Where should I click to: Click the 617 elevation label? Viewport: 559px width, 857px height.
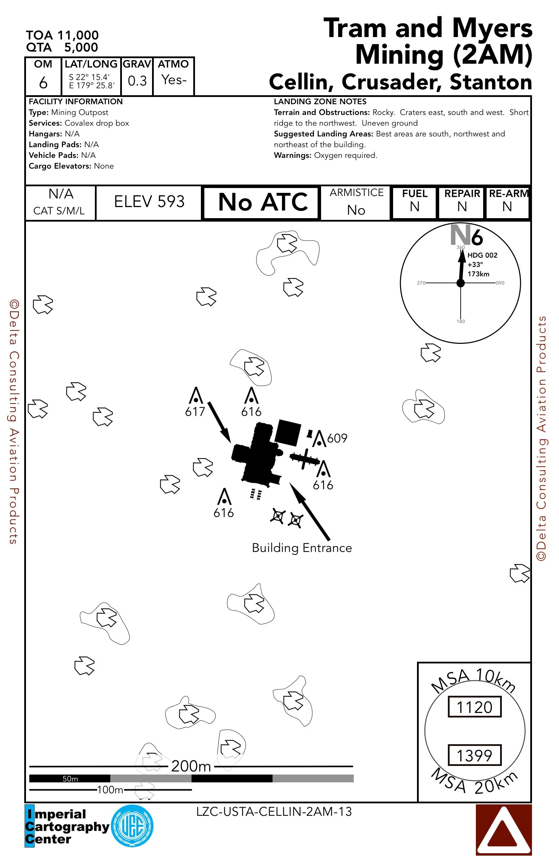point(195,411)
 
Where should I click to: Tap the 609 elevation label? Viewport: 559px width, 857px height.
point(337,438)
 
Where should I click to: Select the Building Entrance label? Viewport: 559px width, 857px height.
point(302,548)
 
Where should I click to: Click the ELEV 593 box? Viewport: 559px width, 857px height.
point(149,202)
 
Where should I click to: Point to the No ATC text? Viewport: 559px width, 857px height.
point(263,202)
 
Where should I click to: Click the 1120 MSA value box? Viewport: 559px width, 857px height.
point(474,707)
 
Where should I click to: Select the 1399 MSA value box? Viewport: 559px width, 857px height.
point(474,755)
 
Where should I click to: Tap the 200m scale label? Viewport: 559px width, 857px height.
point(191,766)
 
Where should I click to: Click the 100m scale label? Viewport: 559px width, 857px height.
point(110,790)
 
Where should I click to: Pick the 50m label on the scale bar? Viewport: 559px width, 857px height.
point(70,778)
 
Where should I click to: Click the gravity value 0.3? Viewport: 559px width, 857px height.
point(137,81)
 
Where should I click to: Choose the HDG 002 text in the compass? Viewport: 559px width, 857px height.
point(482,255)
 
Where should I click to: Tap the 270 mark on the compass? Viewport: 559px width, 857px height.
point(421,283)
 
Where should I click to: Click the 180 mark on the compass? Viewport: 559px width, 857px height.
point(461,321)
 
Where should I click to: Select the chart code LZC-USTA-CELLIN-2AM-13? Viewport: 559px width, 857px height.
point(274,812)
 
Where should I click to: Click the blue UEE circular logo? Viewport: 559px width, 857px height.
point(132,826)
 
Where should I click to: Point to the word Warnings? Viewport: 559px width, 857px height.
point(292,155)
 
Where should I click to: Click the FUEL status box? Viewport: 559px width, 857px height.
point(414,202)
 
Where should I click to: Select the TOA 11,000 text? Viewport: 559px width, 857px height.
point(62,35)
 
